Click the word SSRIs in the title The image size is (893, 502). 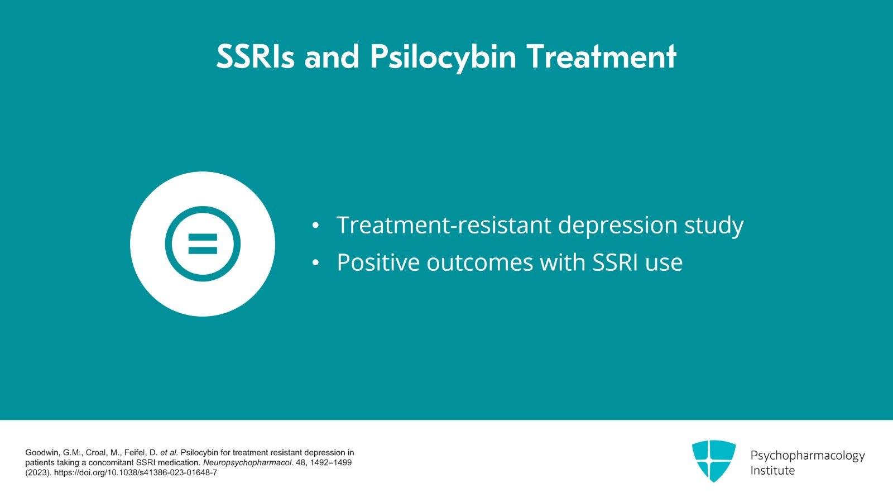(255, 57)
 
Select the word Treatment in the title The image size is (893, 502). (602, 57)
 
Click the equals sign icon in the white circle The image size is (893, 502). (203, 244)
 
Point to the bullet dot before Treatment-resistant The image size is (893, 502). (316, 226)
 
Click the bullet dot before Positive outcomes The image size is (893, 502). (316, 263)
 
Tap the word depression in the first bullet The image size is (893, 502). (618, 226)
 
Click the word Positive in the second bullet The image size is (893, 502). (377, 262)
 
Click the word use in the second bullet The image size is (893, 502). (664, 262)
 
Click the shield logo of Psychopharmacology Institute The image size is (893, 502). (713, 461)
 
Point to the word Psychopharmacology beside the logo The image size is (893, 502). (807, 456)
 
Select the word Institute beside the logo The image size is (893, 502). (772, 471)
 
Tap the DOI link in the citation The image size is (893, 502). (136, 472)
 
